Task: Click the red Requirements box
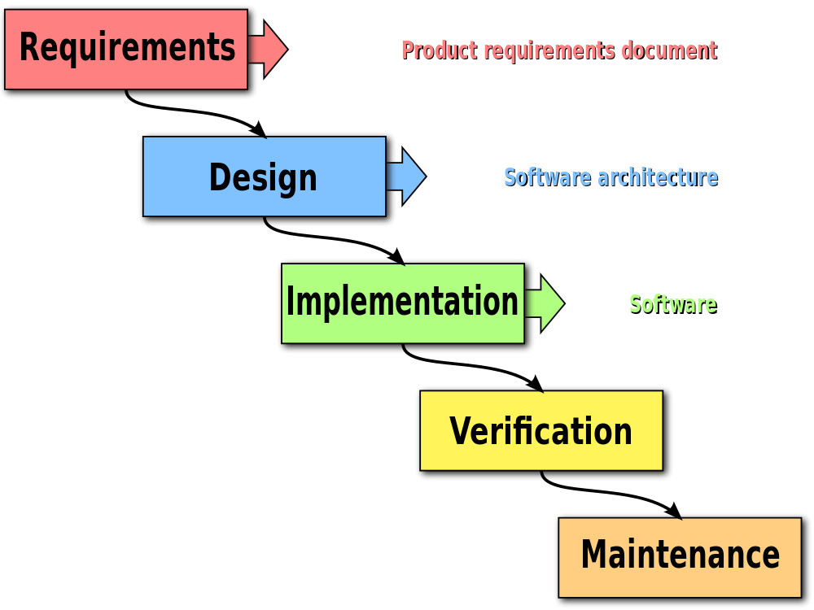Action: (x=126, y=49)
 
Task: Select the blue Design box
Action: (x=264, y=176)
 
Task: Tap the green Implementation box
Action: (x=402, y=303)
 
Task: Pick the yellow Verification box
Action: (x=540, y=430)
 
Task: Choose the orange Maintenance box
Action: (x=680, y=557)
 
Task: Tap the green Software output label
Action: (x=673, y=305)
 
